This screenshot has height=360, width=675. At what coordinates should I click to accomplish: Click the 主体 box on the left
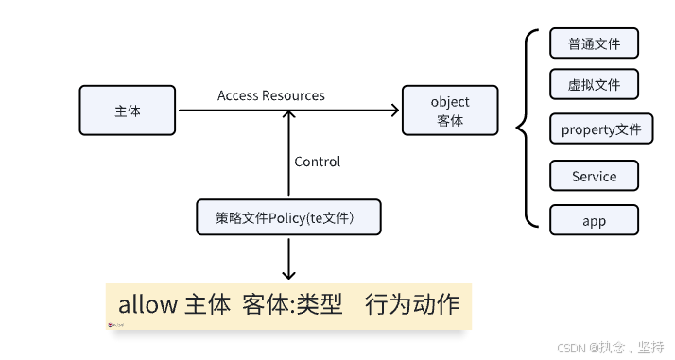pos(128,110)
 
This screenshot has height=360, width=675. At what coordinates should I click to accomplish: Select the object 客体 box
pos(450,110)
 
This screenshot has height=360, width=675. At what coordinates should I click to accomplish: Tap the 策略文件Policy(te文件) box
pos(288,217)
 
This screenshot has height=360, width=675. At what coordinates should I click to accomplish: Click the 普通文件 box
pos(594,43)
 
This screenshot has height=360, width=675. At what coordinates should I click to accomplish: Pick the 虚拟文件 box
pos(594,85)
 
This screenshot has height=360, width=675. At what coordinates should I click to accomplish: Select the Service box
pos(594,176)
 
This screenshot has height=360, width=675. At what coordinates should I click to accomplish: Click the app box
pos(594,220)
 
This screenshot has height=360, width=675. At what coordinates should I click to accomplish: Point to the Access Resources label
pos(270,95)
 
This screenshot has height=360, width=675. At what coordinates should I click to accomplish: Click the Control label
pos(318,162)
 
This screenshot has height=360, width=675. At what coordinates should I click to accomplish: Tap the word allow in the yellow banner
pos(148,304)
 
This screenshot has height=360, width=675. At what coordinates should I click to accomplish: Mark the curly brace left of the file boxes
pos(522,127)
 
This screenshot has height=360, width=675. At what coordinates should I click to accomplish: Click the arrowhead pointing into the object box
pos(394,111)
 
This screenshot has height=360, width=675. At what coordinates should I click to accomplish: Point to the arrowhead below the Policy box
pos(288,271)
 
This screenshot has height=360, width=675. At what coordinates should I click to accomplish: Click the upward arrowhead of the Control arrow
pos(288,117)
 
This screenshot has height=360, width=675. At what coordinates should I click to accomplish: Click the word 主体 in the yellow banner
pos(206,304)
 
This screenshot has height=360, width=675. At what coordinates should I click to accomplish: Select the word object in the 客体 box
pos(450,101)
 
